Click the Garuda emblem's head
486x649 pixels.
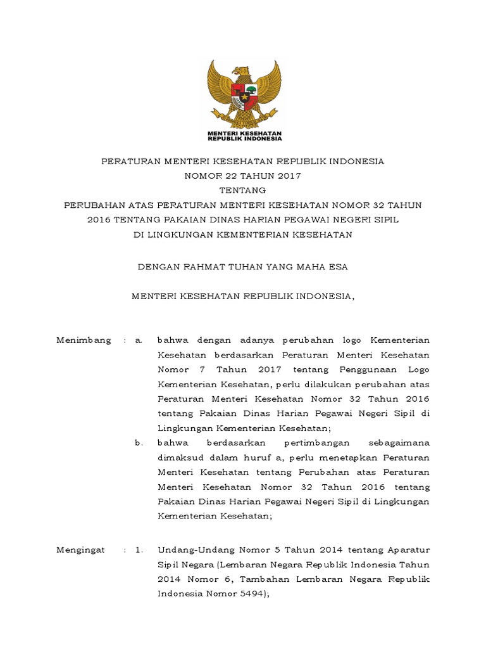[x=242, y=72]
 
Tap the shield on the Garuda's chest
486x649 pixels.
[x=243, y=93]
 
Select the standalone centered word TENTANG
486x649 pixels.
[x=243, y=190]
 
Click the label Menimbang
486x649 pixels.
[x=84, y=340]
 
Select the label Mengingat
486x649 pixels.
[x=81, y=549]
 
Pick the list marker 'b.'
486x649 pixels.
[x=139, y=442]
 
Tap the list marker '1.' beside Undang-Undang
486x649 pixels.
[x=139, y=549]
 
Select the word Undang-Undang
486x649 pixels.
[x=189, y=549]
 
